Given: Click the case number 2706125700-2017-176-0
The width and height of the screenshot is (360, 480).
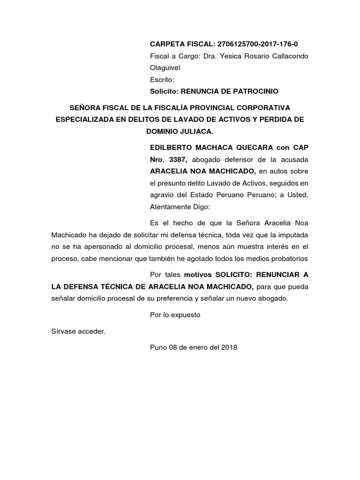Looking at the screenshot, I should [x=258, y=44].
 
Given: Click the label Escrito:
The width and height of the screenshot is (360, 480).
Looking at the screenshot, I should [x=162, y=80].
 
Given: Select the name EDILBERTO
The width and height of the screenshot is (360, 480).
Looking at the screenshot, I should [x=171, y=148].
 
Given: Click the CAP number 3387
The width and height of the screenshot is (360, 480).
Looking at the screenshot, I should [x=179, y=159].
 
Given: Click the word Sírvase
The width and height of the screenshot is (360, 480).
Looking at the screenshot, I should [x=64, y=331].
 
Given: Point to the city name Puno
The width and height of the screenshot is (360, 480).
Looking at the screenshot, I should [x=157, y=347].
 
